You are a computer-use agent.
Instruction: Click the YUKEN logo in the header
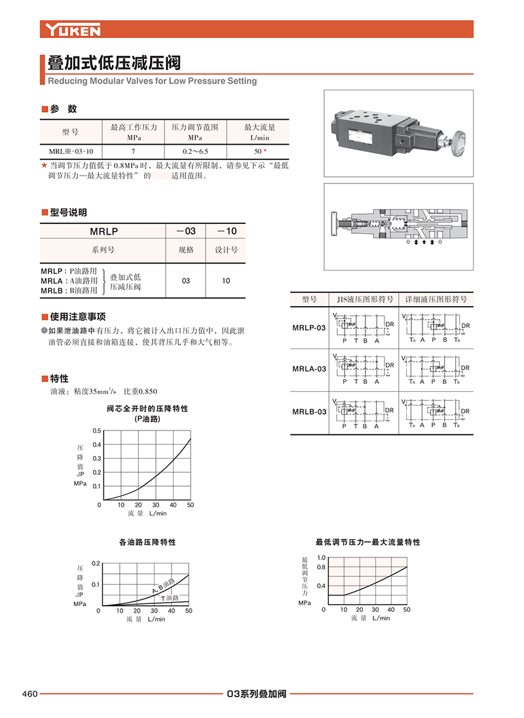[x=73, y=29]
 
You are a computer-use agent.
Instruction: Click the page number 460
[x=30, y=694]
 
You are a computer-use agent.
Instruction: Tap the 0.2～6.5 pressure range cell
[x=194, y=150]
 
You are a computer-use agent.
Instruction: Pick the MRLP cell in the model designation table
[x=102, y=231]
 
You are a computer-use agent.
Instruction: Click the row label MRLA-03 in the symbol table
[x=309, y=369]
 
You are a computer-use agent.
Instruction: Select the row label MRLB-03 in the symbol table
[x=309, y=412]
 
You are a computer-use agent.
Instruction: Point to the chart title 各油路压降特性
[x=147, y=542]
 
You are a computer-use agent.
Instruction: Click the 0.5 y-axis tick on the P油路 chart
[x=97, y=431]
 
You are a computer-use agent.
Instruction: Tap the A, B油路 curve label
[x=164, y=586]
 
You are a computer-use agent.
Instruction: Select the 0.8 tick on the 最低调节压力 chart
[x=321, y=567]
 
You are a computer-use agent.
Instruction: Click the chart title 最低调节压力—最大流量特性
[x=367, y=542]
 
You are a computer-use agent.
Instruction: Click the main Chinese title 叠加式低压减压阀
[x=114, y=64]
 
